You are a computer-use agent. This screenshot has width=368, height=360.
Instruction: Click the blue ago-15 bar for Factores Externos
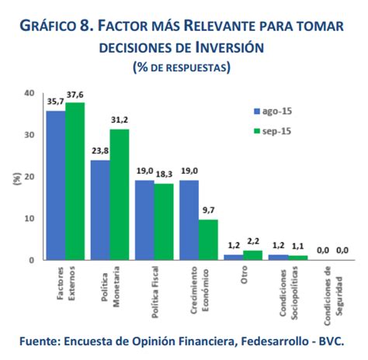point(55,185)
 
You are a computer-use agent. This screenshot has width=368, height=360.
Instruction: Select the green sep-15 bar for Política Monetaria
point(120,195)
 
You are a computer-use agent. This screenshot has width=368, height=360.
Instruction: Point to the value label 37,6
point(75,95)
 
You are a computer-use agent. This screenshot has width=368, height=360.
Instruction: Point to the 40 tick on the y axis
point(30,92)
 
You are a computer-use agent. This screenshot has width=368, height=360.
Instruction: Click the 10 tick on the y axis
point(30,218)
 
